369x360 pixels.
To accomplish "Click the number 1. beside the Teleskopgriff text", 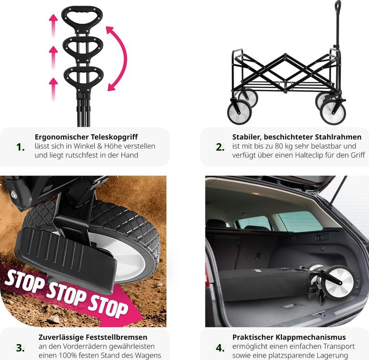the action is click(x=20, y=147).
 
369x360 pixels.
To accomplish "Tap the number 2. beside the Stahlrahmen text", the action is click(x=220, y=147).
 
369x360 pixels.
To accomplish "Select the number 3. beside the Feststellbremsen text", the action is click(x=20, y=348).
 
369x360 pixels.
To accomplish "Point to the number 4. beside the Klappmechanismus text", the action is click(x=220, y=348).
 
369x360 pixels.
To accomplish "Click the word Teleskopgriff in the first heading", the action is click(x=114, y=137).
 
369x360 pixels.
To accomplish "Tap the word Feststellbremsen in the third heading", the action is click(x=116, y=337).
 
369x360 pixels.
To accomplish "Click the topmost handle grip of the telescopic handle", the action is click(x=82, y=17).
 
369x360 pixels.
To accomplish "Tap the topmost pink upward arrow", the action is click(x=54, y=26).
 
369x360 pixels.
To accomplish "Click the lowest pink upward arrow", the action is click(x=54, y=89).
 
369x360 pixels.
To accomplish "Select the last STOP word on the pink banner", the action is click(x=108, y=307).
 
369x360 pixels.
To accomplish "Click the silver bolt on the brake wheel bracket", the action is click(x=14, y=194).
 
